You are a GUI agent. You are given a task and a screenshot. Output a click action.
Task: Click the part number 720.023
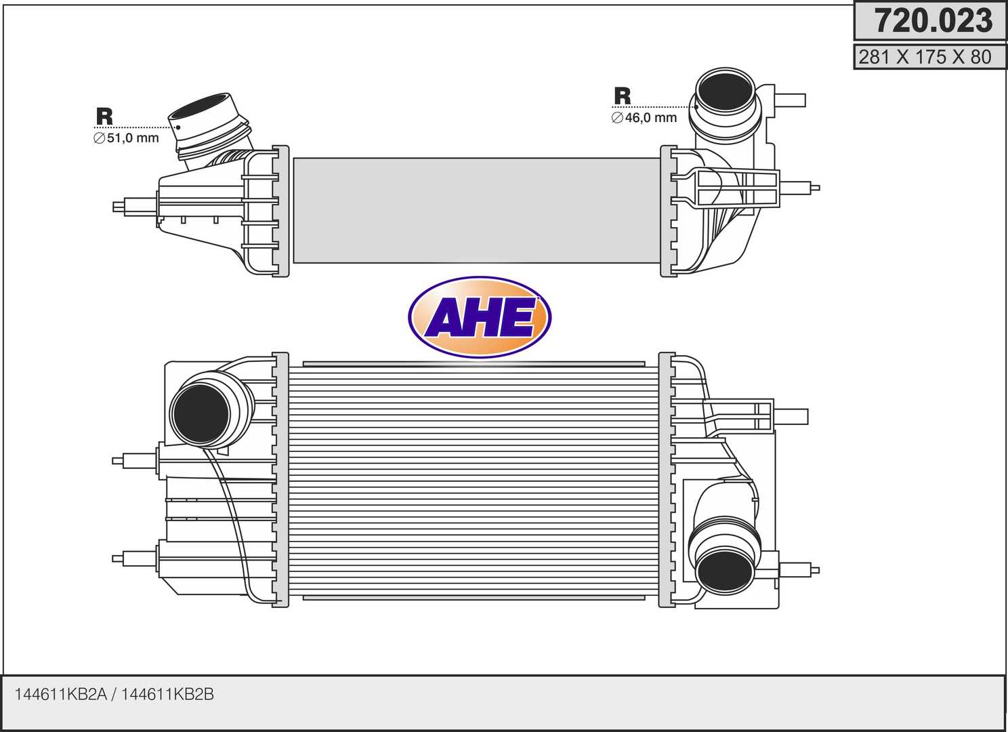tap(933, 21)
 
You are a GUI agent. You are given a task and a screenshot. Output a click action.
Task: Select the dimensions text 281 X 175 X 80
tap(925, 58)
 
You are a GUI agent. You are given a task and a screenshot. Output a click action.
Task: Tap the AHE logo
tap(480, 318)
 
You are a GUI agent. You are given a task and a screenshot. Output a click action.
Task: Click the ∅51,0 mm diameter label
tap(127, 138)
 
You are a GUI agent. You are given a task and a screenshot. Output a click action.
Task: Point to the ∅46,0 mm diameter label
tap(644, 118)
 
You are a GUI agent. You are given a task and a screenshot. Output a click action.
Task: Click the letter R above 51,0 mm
tap(104, 117)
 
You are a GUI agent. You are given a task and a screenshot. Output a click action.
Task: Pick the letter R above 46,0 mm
tap(623, 96)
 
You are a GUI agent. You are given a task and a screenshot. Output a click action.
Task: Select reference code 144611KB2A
tap(61, 694)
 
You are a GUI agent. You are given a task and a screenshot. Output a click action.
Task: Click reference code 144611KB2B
tap(167, 694)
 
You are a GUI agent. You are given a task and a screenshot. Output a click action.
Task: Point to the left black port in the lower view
tap(201, 413)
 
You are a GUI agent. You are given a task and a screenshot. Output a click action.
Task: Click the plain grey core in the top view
tap(476, 210)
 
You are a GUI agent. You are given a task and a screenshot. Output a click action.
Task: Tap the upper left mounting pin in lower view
tap(135, 460)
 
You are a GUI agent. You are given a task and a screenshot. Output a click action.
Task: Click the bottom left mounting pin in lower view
tap(135, 558)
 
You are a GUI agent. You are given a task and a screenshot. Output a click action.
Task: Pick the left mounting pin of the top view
tap(135, 206)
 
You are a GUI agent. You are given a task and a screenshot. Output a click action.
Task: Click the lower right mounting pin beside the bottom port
tap(799, 570)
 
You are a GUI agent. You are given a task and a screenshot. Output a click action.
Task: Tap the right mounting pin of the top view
tap(800, 188)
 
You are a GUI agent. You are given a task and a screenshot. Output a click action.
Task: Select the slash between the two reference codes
tap(114, 694)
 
